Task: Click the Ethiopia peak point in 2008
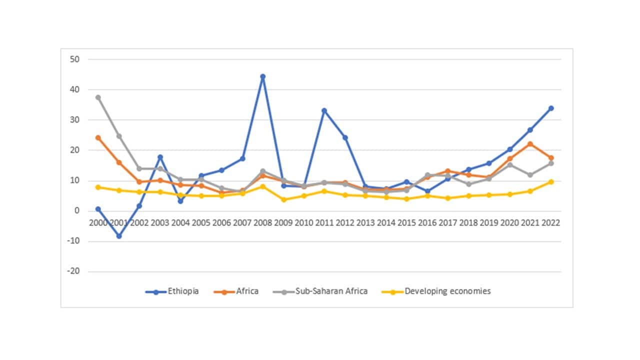pyautogui.click(x=262, y=76)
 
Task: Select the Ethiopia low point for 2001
pyautogui.click(x=119, y=236)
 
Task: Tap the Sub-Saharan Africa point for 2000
pyautogui.click(x=98, y=97)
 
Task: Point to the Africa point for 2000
pyautogui.click(x=98, y=137)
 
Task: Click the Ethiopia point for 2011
pyautogui.click(x=324, y=110)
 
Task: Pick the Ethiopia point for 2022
pyautogui.click(x=550, y=108)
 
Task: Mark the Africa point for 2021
pyautogui.click(x=530, y=144)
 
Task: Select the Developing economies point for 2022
pyautogui.click(x=550, y=181)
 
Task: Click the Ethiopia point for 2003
pyautogui.click(x=160, y=157)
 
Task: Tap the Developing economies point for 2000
pyautogui.click(x=98, y=187)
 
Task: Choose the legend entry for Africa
pyautogui.click(x=247, y=291)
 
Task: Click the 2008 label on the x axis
pyautogui.click(x=262, y=223)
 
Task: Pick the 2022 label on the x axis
pyautogui.click(x=550, y=223)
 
